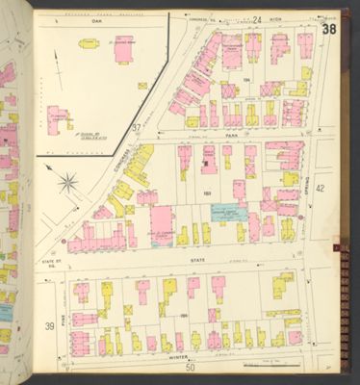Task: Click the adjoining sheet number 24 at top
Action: [x=258, y=17]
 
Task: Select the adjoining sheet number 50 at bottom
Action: [x=191, y=368]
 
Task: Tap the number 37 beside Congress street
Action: [x=137, y=127]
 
